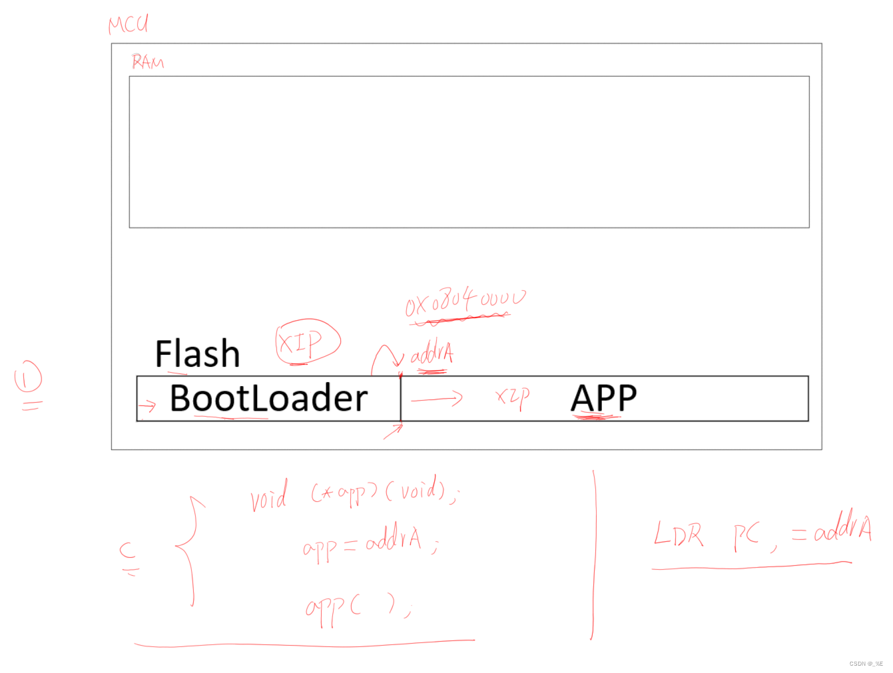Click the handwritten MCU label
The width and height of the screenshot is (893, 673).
point(129,24)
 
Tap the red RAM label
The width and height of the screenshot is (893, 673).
point(147,62)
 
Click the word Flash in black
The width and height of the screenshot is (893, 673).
point(197,353)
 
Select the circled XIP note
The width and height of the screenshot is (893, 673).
point(307,342)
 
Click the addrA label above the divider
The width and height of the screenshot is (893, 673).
point(432,355)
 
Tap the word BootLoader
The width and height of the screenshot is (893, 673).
point(268,398)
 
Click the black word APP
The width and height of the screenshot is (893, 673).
point(603,398)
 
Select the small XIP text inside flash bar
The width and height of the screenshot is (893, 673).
point(512,397)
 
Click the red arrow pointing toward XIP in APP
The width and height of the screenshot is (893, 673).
point(437,399)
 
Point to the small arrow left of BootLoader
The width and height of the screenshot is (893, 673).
point(147,405)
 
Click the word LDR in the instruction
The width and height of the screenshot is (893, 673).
point(678,535)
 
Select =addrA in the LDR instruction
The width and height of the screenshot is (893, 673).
point(832,531)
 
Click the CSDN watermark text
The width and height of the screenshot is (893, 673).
point(866,664)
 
